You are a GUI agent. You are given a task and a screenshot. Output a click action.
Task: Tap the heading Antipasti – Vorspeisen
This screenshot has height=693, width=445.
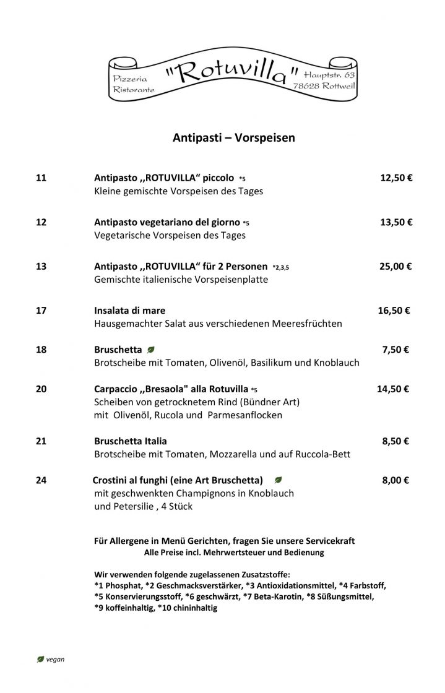coord(233,138)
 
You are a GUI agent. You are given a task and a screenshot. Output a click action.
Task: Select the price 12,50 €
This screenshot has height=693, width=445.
coord(396,178)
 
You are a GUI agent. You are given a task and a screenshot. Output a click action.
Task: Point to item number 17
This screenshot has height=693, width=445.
coord(41,311)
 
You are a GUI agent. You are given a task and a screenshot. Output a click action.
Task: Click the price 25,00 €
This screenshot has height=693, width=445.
coord(395,267)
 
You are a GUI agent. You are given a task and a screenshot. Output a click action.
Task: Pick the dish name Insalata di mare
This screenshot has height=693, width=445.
coord(129,311)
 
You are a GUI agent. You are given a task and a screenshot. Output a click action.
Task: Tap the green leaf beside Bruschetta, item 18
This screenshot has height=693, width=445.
coord(151,350)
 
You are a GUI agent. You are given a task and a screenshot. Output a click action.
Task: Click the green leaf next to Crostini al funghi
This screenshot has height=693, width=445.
coord(279,480)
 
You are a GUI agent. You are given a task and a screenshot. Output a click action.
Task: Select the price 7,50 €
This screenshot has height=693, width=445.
coord(395,350)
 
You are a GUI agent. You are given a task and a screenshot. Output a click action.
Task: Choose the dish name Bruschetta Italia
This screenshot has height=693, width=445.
coord(130,441)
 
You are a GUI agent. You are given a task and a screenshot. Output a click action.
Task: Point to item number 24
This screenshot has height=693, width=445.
coord(41,480)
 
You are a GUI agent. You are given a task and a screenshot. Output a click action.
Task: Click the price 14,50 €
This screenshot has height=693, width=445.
coord(392,389)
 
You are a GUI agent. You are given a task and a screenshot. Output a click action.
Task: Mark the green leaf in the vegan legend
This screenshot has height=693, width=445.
coord(41,659)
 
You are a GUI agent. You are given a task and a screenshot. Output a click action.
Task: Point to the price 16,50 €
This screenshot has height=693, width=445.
coord(394,311)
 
